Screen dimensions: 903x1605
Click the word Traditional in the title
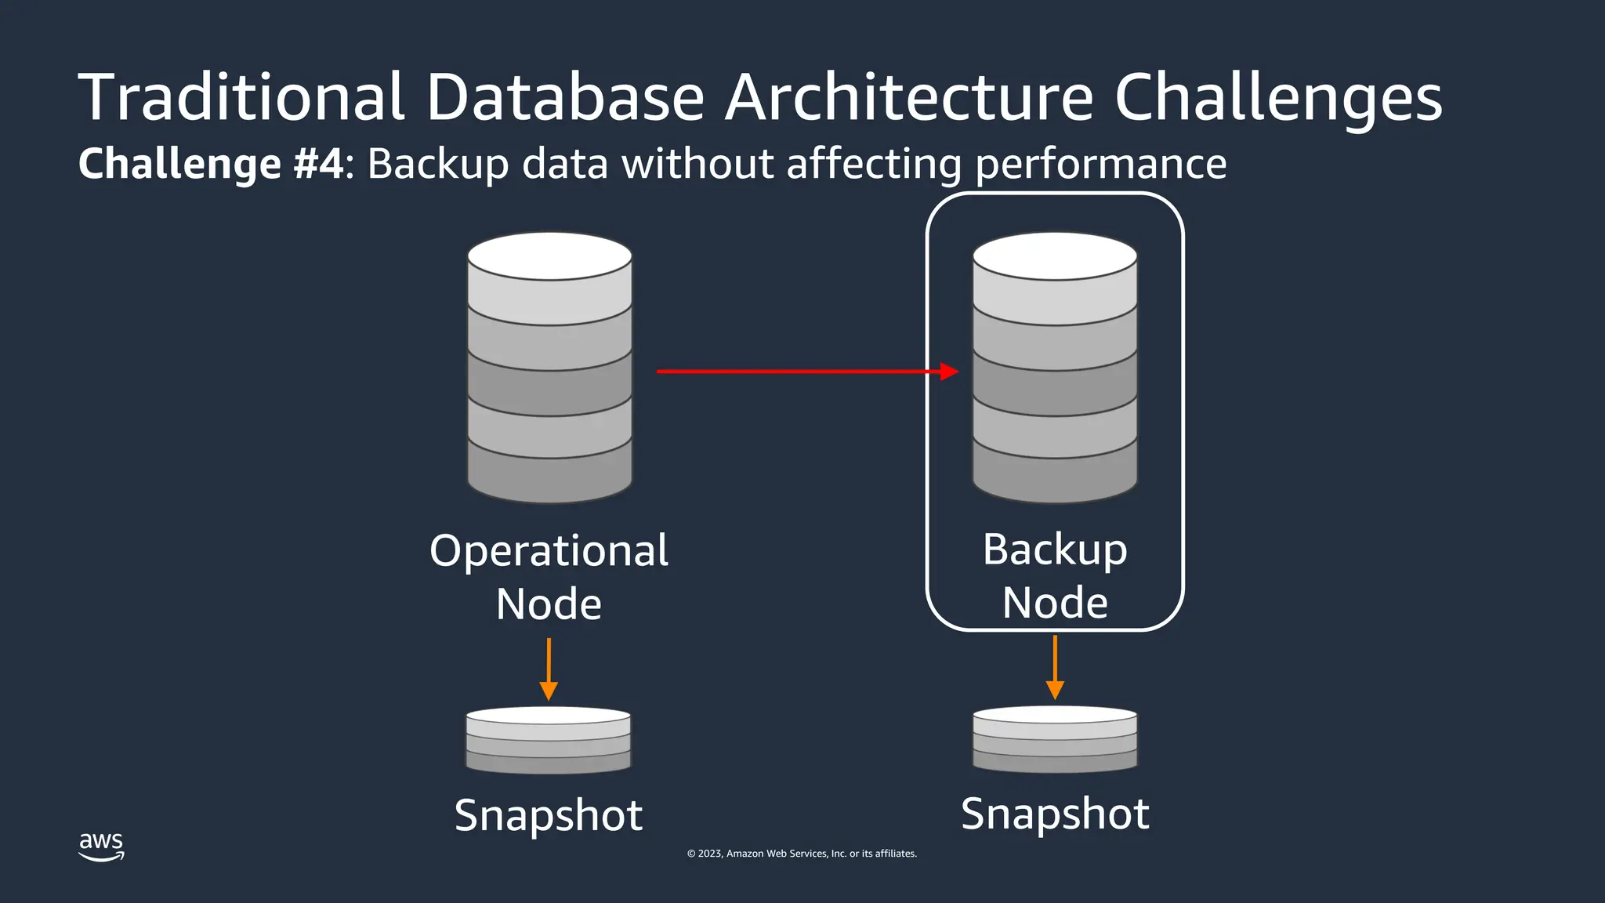[x=241, y=97]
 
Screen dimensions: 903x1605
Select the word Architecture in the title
[x=908, y=97]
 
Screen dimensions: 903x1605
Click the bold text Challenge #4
[x=211, y=164]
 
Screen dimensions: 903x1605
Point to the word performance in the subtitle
[x=1101, y=164]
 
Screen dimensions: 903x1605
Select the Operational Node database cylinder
[x=549, y=376]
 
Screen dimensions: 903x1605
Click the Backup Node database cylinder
[x=1055, y=376]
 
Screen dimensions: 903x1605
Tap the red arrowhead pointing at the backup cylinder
[x=950, y=372]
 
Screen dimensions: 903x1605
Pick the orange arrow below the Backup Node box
[x=1055, y=667]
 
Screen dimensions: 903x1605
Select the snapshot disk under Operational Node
[x=549, y=740]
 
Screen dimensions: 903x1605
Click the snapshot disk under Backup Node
[x=1055, y=738]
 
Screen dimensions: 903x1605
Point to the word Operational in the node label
[x=549, y=550]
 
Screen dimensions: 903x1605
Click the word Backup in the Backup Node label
[x=1055, y=549]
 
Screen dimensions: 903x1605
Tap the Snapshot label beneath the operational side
[x=549, y=815]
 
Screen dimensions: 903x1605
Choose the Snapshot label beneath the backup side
[x=1055, y=814]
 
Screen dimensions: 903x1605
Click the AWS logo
[x=101, y=846]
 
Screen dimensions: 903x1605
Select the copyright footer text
[x=802, y=854]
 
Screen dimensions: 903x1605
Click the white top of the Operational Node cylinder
[x=549, y=256]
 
